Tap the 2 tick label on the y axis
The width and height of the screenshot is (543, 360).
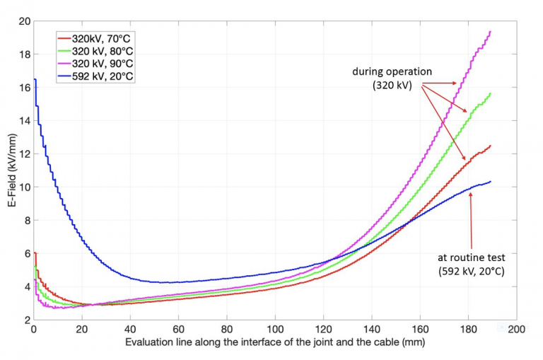point(25,320)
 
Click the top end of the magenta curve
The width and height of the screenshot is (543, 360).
point(490,32)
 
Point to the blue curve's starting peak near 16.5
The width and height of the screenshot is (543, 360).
point(35,80)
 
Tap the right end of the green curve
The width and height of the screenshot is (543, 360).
point(490,93)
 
